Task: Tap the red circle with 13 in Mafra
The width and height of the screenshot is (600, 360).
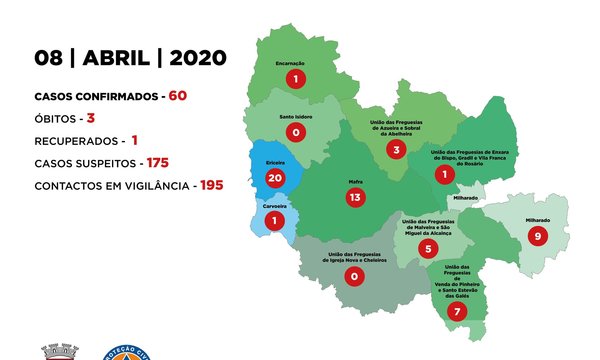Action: [354, 198]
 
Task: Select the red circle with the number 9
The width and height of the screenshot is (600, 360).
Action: [538, 237]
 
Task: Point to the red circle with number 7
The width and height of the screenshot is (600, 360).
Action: [456, 311]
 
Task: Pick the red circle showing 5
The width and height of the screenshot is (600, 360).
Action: [429, 248]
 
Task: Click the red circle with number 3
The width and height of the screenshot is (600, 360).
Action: [397, 150]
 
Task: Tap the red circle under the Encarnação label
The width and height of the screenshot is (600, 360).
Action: [296, 78]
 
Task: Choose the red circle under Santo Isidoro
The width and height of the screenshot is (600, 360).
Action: [294, 131]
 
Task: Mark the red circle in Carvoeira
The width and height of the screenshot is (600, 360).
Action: [271, 219]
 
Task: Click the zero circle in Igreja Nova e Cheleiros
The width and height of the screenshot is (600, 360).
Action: [351, 276]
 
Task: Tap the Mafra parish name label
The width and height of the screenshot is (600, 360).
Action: [354, 181]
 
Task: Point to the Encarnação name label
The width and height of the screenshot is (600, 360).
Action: [296, 62]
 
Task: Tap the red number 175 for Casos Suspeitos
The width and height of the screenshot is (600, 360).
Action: [158, 162]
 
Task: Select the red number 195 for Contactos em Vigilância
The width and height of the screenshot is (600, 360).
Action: [209, 185]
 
